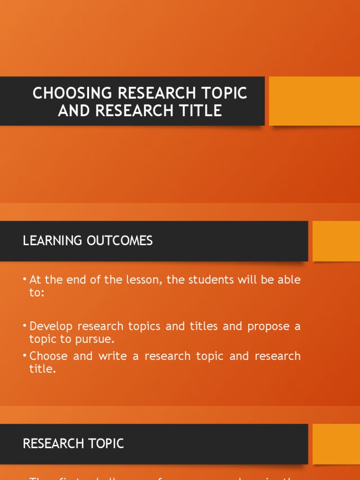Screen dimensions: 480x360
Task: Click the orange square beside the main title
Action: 314,101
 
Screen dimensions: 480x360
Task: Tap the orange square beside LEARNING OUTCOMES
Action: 336,241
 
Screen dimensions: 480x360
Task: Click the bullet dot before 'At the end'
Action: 25,280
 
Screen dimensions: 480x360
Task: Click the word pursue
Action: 97,339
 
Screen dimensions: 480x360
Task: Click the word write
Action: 112,356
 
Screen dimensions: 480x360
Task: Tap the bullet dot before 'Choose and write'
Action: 25,356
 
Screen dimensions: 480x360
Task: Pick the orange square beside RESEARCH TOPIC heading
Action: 336,444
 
